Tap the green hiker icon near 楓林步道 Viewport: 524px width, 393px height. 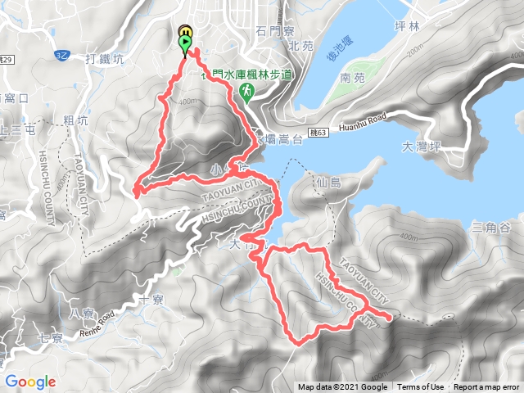(246, 93)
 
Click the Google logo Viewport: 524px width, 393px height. (30, 382)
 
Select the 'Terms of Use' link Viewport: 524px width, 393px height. (421, 387)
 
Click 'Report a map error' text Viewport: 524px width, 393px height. (488, 387)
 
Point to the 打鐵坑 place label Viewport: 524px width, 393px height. (105, 59)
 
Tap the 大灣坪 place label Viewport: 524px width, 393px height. (423, 148)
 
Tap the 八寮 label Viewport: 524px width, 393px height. (84, 313)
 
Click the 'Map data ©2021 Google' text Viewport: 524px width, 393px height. (343, 387)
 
